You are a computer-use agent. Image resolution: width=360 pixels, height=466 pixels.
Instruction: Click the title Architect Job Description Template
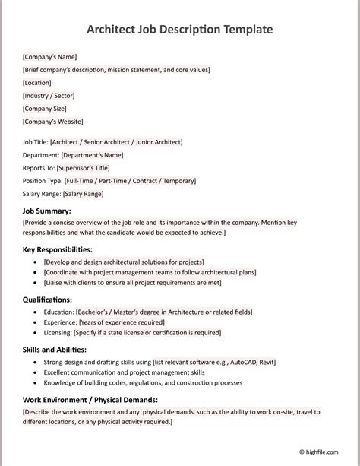coord(179,30)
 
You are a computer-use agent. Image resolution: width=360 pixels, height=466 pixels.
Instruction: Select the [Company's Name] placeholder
coord(49,57)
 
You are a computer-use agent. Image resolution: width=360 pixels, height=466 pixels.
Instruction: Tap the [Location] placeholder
coord(37,83)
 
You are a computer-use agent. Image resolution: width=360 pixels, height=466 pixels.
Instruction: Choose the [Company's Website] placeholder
coord(53,122)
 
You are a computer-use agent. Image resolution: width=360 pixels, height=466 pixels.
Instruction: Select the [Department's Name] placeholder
coord(92,155)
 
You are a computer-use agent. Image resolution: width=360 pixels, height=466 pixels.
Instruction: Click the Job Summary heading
coord(47,211)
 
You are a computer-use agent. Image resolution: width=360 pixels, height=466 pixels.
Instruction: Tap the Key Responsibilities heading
coord(58,249)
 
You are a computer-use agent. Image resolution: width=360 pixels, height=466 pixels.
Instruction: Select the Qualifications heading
coord(48,300)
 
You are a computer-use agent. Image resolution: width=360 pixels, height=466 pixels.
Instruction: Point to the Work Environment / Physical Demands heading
coord(90,400)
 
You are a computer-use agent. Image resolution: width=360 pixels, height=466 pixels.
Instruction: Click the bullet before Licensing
coord(36,333)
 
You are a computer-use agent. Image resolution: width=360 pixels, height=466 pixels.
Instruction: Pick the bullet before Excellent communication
coord(36,373)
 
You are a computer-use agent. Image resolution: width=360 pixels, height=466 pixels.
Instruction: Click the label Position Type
coord(42,181)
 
